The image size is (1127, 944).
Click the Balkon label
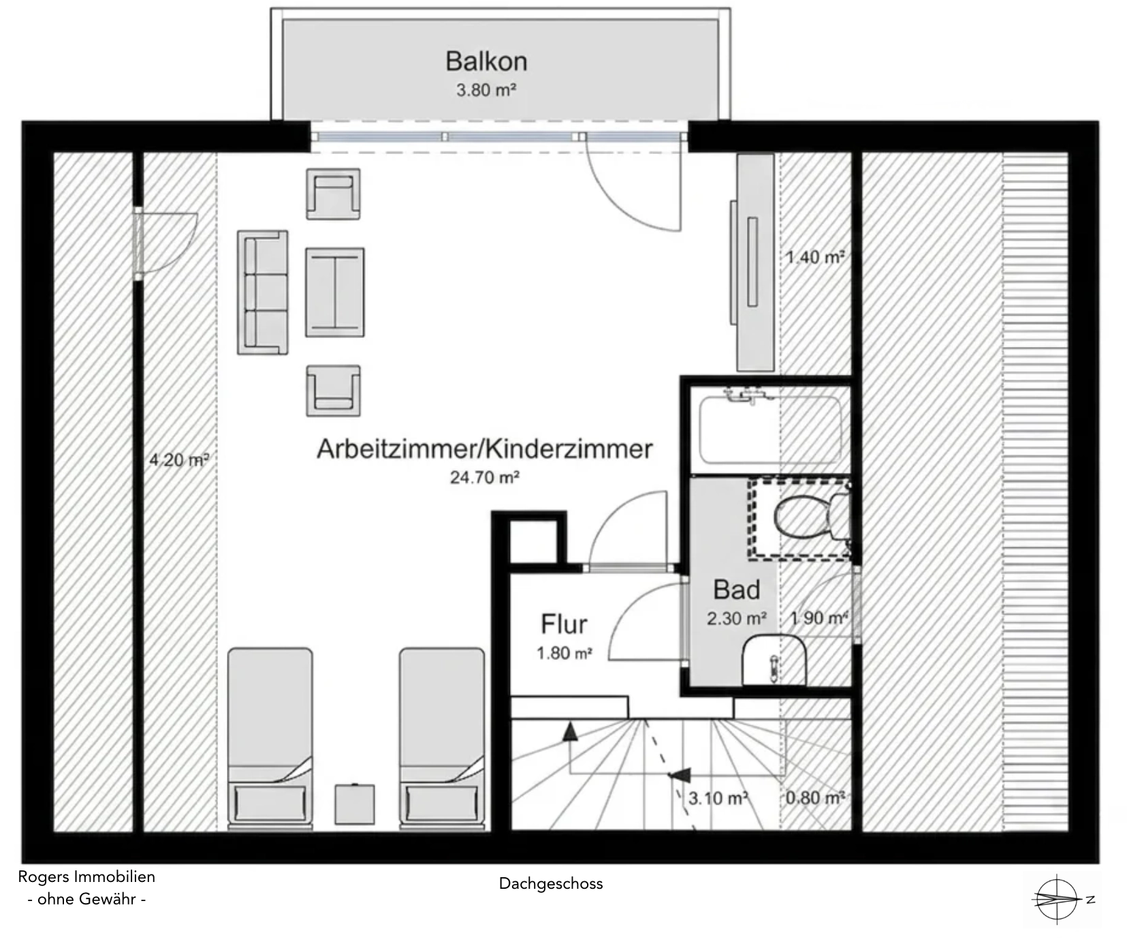486,61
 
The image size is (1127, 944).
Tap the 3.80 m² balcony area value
486,90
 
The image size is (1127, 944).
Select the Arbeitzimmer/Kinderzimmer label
485,449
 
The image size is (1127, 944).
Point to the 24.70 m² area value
485,477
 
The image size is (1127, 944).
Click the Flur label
564,624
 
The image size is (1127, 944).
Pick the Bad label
737,590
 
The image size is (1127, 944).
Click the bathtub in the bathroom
771,429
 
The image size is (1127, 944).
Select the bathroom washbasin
775,660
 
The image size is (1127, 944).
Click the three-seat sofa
263,292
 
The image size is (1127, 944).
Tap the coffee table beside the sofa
334,292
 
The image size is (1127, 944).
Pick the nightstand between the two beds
355,804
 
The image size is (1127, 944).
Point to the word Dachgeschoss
551,883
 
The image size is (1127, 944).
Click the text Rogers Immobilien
86,877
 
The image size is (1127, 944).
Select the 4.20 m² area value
179,460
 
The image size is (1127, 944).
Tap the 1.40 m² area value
815,257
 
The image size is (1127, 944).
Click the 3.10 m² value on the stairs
718,798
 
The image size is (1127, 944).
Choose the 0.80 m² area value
816,797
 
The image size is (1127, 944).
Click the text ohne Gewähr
86,899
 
